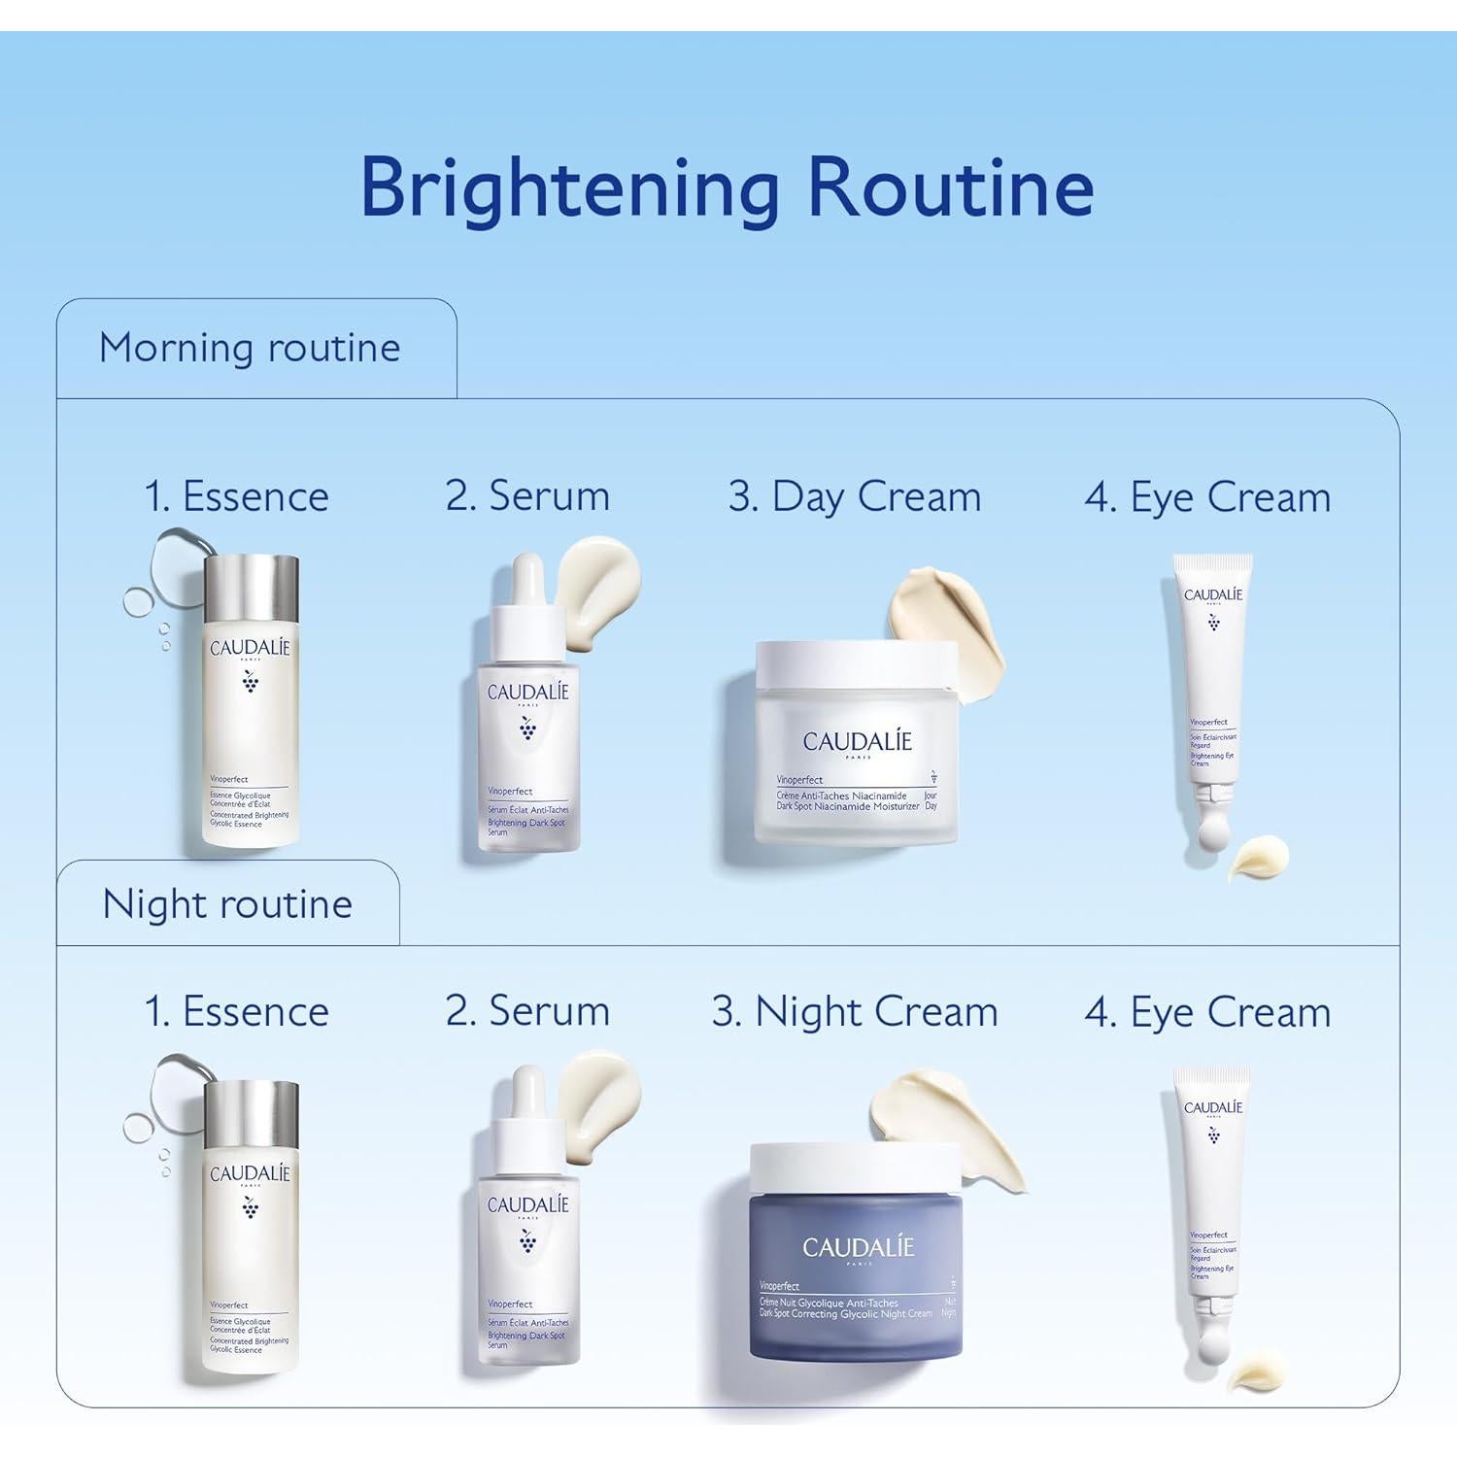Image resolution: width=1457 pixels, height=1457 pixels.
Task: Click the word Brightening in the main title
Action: coord(569,187)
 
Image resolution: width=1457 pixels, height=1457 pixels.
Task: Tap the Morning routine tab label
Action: coord(250,348)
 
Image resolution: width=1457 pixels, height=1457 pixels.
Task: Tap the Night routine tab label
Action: coord(227,904)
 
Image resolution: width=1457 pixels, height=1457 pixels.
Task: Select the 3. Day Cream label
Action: coord(855,496)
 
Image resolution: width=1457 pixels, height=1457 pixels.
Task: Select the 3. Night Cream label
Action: coord(855,1011)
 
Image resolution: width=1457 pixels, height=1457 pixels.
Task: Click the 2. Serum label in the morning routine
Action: coord(527,495)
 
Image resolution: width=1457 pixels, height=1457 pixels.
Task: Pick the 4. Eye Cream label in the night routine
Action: coord(1207,1012)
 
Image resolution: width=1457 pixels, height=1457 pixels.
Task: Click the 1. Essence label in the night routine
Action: coord(236,1011)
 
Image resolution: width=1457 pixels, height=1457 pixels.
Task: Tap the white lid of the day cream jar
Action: coord(855,663)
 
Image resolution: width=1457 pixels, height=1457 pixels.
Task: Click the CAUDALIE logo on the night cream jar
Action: coord(859,1247)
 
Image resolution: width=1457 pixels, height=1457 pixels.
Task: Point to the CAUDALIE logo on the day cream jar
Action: coord(858,742)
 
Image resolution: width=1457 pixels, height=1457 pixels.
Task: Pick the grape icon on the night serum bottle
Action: coord(527,1240)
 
